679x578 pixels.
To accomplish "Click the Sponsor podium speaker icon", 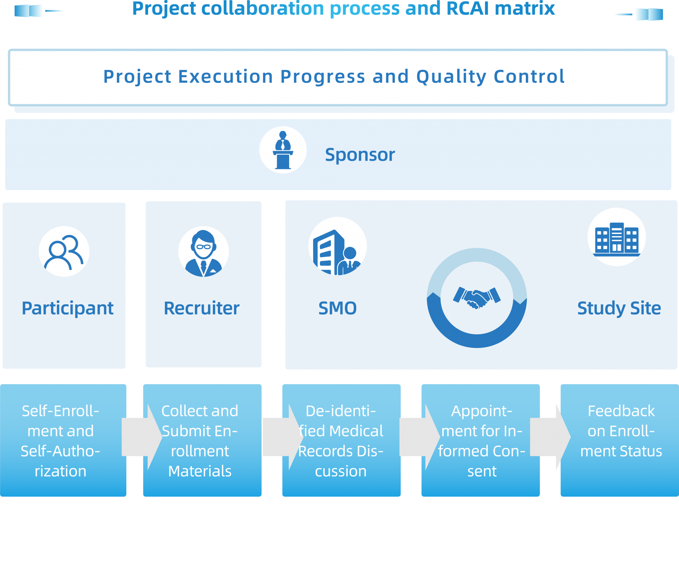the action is click(283, 150).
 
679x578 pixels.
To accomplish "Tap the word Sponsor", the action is click(360, 155).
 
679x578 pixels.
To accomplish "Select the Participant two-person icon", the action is click(64, 252).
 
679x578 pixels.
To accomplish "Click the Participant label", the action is click(68, 309).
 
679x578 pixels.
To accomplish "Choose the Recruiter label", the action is click(202, 308).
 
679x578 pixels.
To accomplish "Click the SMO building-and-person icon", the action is click(337, 252).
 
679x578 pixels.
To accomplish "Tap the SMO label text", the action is click(338, 308).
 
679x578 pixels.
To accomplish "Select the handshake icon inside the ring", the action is click(477, 298).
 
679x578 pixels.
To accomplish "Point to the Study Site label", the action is click(619, 309).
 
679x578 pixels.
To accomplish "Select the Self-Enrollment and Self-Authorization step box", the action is click(63, 440).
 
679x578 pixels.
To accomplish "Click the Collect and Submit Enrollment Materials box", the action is click(202, 440).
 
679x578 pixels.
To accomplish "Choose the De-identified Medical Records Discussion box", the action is click(341, 440).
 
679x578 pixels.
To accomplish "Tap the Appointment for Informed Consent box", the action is click(480, 440).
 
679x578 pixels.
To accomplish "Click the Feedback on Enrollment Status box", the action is click(620, 440).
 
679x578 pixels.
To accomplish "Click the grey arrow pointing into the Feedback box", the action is click(550, 437).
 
